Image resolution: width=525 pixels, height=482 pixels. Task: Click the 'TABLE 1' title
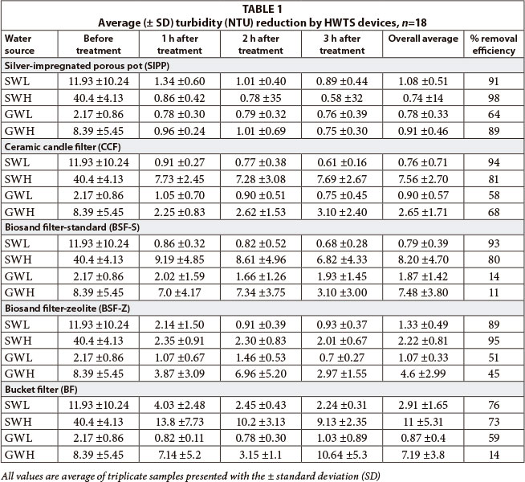click(x=262, y=6)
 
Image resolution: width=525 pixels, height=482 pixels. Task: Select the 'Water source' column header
click(x=22, y=44)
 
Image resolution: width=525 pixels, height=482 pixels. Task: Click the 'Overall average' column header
click(x=423, y=39)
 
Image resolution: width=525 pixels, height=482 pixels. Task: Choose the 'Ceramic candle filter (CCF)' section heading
click(x=60, y=145)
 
